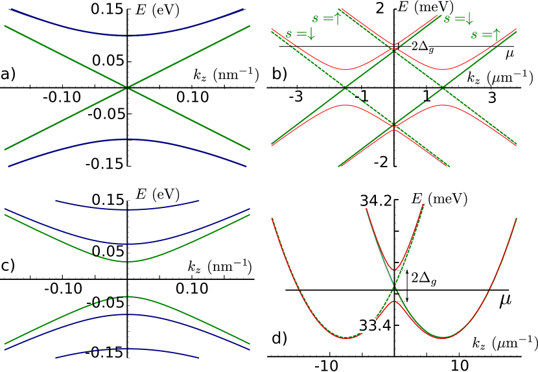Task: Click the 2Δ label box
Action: click(419, 47)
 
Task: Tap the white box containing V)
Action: click(445, 8)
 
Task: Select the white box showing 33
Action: click(367, 325)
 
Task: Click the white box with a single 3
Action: click(359, 202)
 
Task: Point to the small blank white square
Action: click(425, 201)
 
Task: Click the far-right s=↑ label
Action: click(485, 35)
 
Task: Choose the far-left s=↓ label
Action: click(300, 34)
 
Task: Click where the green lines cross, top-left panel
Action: click(127, 87)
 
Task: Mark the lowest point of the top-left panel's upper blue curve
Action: click(128, 36)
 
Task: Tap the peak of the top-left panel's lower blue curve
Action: click(128, 139)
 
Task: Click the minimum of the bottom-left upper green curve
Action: click(128, 262)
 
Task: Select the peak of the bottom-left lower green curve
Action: click(128, 297)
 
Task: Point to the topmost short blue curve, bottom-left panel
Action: click(127, 209)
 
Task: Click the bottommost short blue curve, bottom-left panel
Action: click(127, 349)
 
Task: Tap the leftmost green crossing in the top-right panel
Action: click(345, 87)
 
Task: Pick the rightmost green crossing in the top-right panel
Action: click(443, 87)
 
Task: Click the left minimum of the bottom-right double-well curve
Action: click(345, 338)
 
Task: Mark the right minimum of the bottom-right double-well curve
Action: click(443, 338)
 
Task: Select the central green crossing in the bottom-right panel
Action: click(394, 286)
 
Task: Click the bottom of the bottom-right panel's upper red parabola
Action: click(394, 270)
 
